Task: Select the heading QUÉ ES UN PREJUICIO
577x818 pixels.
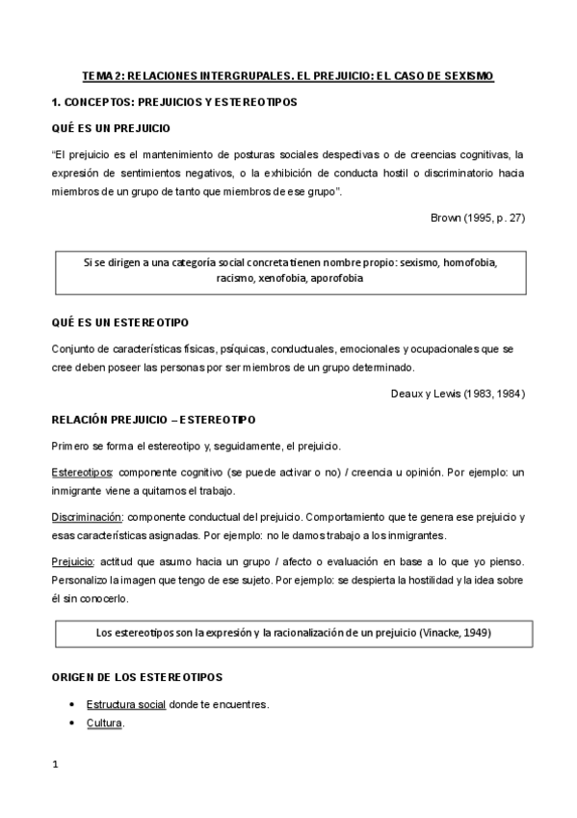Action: (x=112, y=127)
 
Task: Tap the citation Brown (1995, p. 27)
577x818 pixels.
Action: (x=477, y=217)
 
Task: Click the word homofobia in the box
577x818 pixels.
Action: (x=469, y=261)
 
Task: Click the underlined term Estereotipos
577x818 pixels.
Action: (x=81, y=472)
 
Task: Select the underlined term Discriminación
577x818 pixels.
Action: (x=87, y=517)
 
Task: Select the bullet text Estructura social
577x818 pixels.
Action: (x=126, y=704)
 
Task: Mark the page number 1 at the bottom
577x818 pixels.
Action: (x=55, y=766)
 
